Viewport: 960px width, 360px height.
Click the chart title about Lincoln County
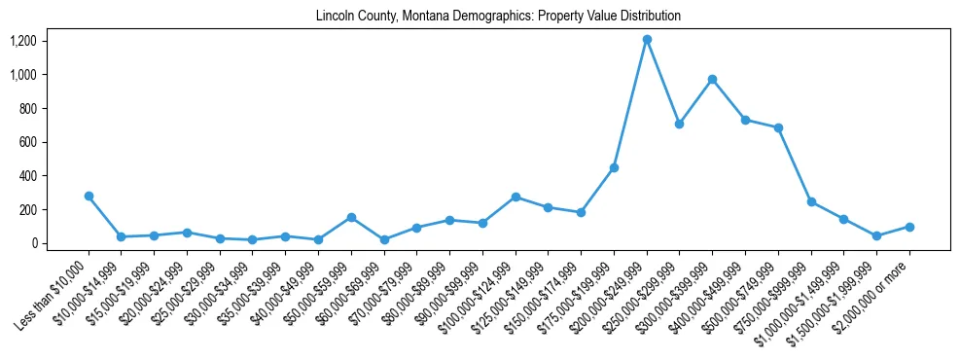498,17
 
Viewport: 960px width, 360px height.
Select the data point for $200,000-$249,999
647,40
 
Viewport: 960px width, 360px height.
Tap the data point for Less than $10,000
89,196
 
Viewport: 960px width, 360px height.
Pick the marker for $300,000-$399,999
712,79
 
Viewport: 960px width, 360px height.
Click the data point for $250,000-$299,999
679,124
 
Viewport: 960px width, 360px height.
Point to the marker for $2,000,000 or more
909,227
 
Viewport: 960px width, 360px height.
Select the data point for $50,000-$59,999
351,217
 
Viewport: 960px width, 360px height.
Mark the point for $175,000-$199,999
614,167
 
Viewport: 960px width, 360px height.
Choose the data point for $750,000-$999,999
811,201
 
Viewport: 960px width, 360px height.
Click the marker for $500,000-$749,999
778,127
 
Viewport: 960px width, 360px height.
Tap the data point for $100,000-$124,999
516,197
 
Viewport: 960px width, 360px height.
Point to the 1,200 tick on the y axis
23,41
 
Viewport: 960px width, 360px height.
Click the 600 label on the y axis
28,142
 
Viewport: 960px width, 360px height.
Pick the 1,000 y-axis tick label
23,75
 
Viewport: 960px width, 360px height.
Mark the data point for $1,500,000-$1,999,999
876,235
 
